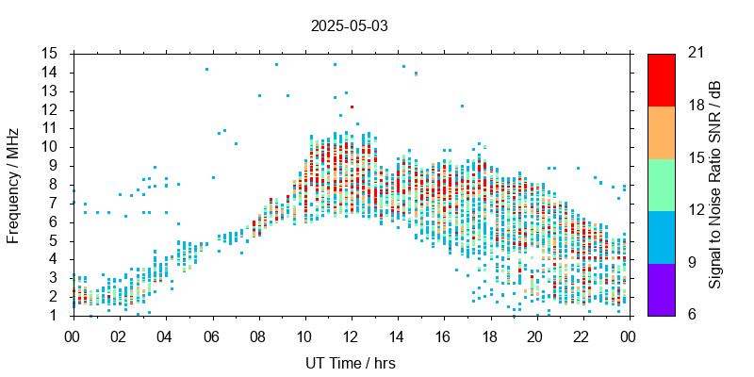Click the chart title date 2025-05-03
click(x=349, y=25)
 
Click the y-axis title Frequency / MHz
click(x=13, y=184)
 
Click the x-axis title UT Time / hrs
click(x=349, y=364)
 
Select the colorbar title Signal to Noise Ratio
click(x=715, y=184)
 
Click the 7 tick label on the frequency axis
click(x=56, y=203)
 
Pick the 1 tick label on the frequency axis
click(x=56, y=315)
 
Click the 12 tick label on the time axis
click(x=351, y=335)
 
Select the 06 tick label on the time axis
click(x=211, y=335)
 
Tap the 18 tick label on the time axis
click(x=490, y=335)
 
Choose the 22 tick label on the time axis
click(x=582, y=335)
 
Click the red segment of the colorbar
click(x=661, y=79)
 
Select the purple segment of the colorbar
click(x=661, y=288)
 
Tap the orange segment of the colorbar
click(x=661, y=132)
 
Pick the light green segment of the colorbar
click(x=661, y=184)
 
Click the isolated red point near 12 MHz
click(x=352, y=107)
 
